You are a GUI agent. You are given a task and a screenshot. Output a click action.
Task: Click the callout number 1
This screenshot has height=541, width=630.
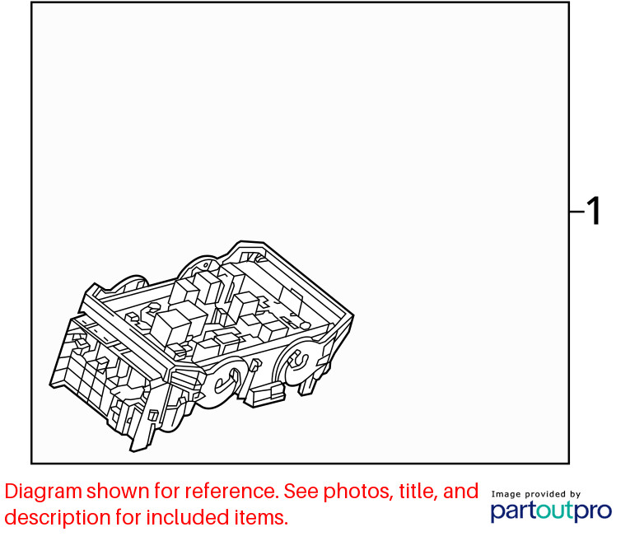[x=594, y=211]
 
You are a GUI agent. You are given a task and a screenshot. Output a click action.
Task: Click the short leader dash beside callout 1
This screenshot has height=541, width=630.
[x=577, y=211]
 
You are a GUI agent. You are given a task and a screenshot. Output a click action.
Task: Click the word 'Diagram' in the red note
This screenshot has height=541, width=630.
[x=44, y=492]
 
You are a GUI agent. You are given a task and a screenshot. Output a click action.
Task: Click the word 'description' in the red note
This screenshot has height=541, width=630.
[x=58, y=517]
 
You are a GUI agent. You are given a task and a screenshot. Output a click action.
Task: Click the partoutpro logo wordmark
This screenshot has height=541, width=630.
[x=551, y=511]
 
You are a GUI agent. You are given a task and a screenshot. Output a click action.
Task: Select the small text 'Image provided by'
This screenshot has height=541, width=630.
[x=536, y=494]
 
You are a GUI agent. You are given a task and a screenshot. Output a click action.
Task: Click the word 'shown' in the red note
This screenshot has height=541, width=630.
[x=118, y=492]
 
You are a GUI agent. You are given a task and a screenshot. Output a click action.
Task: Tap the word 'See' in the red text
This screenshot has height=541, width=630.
[x=301, y=492]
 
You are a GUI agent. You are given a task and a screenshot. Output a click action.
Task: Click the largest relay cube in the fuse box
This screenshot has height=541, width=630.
[x=170, y=327]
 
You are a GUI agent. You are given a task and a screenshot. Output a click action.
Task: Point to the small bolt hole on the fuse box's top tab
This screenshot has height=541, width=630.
[x=206, y=265]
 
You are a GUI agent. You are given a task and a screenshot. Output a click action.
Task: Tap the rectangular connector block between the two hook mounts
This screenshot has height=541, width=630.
[x=265, y=394]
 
